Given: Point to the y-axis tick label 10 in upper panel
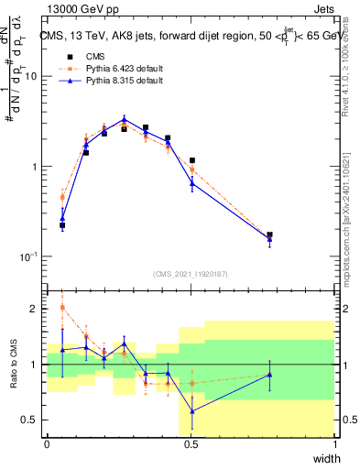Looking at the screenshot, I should pos(29,77).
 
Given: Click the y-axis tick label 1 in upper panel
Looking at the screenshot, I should pos(33,167).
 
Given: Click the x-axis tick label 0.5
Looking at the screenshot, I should pos(191,444).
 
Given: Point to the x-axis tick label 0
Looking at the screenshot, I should pos(47,444).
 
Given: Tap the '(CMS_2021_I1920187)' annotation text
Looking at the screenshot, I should pos(191,273).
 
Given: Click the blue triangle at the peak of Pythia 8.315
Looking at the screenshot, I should pos(124,119).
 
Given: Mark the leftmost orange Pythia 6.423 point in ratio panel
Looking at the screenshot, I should pos(62,307).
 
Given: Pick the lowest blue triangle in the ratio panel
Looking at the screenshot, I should pos(192,411).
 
